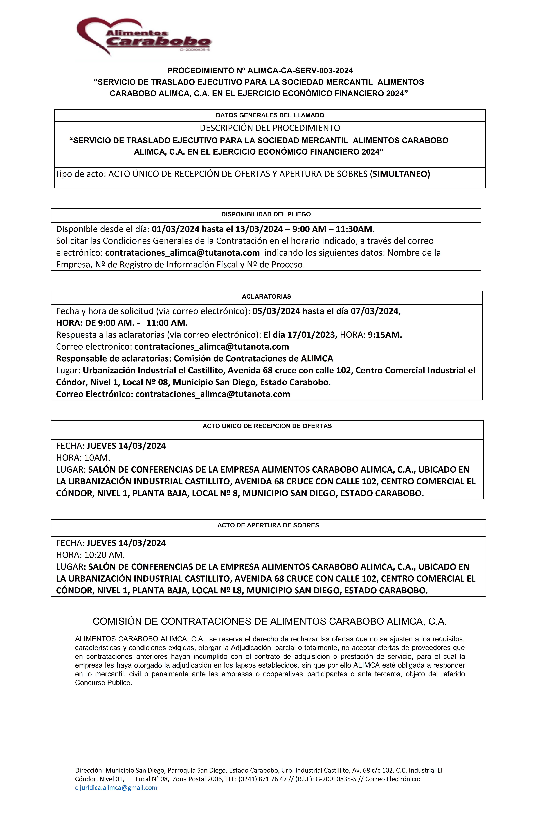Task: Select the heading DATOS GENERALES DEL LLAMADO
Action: click(270, 115)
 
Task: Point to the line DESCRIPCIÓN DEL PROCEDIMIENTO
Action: click(270, 128)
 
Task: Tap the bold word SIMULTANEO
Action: click(401, 174)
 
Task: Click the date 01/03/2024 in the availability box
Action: click(176, 229)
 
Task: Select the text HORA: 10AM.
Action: click(83, 458)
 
